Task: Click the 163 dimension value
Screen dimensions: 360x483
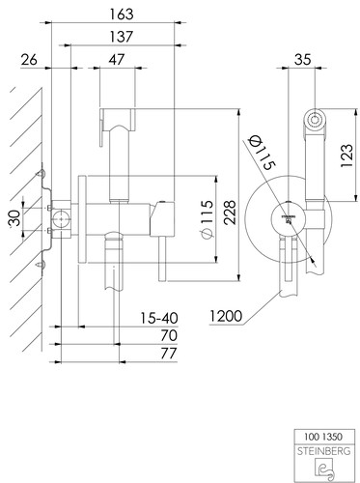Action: [122, 14]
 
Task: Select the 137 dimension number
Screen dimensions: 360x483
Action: [122, 37]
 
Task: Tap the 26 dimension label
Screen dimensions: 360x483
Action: [29, 60]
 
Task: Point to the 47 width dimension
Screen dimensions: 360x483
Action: [116, 60]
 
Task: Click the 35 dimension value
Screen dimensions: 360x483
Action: [303, 60]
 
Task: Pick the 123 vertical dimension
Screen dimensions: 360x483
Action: [346, 156]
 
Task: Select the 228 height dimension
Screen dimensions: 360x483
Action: [230, 213]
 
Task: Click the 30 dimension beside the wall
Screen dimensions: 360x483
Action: [14, 218]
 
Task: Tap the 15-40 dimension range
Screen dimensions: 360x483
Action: [159, 318]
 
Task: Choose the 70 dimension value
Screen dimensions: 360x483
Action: [169, 335]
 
